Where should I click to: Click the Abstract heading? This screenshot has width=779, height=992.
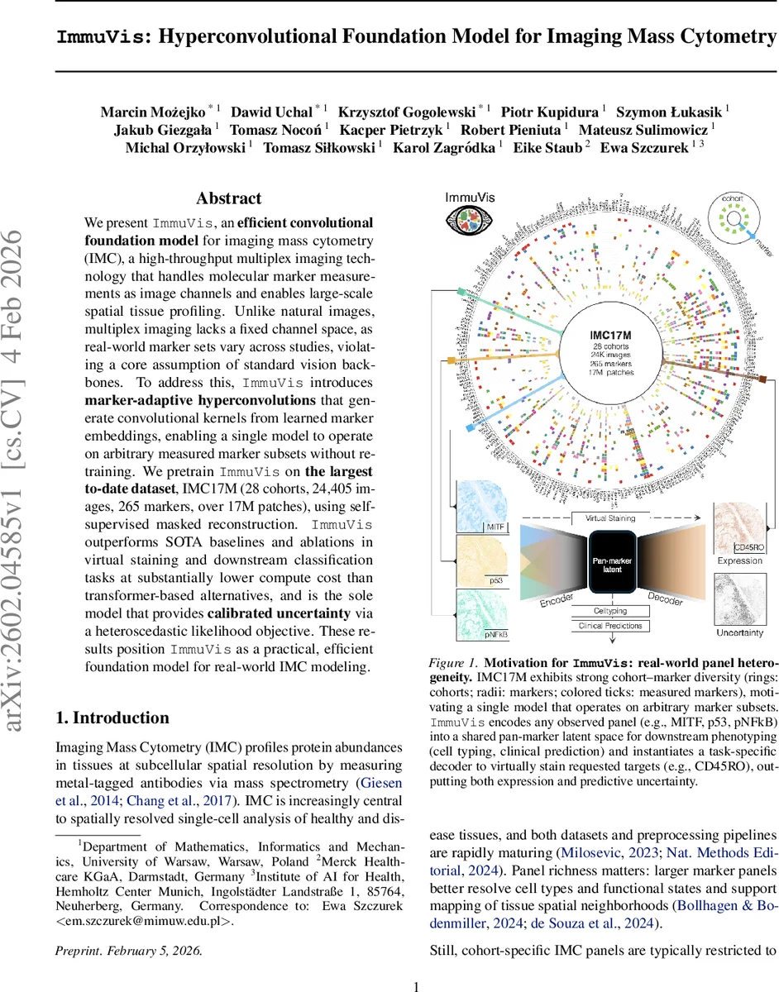coord(228,198)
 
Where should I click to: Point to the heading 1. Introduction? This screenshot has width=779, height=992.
coord(112,717)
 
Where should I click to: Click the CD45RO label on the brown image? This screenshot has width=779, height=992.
coord(748,547)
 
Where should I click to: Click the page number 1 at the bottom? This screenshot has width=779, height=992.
coord(416,985)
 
